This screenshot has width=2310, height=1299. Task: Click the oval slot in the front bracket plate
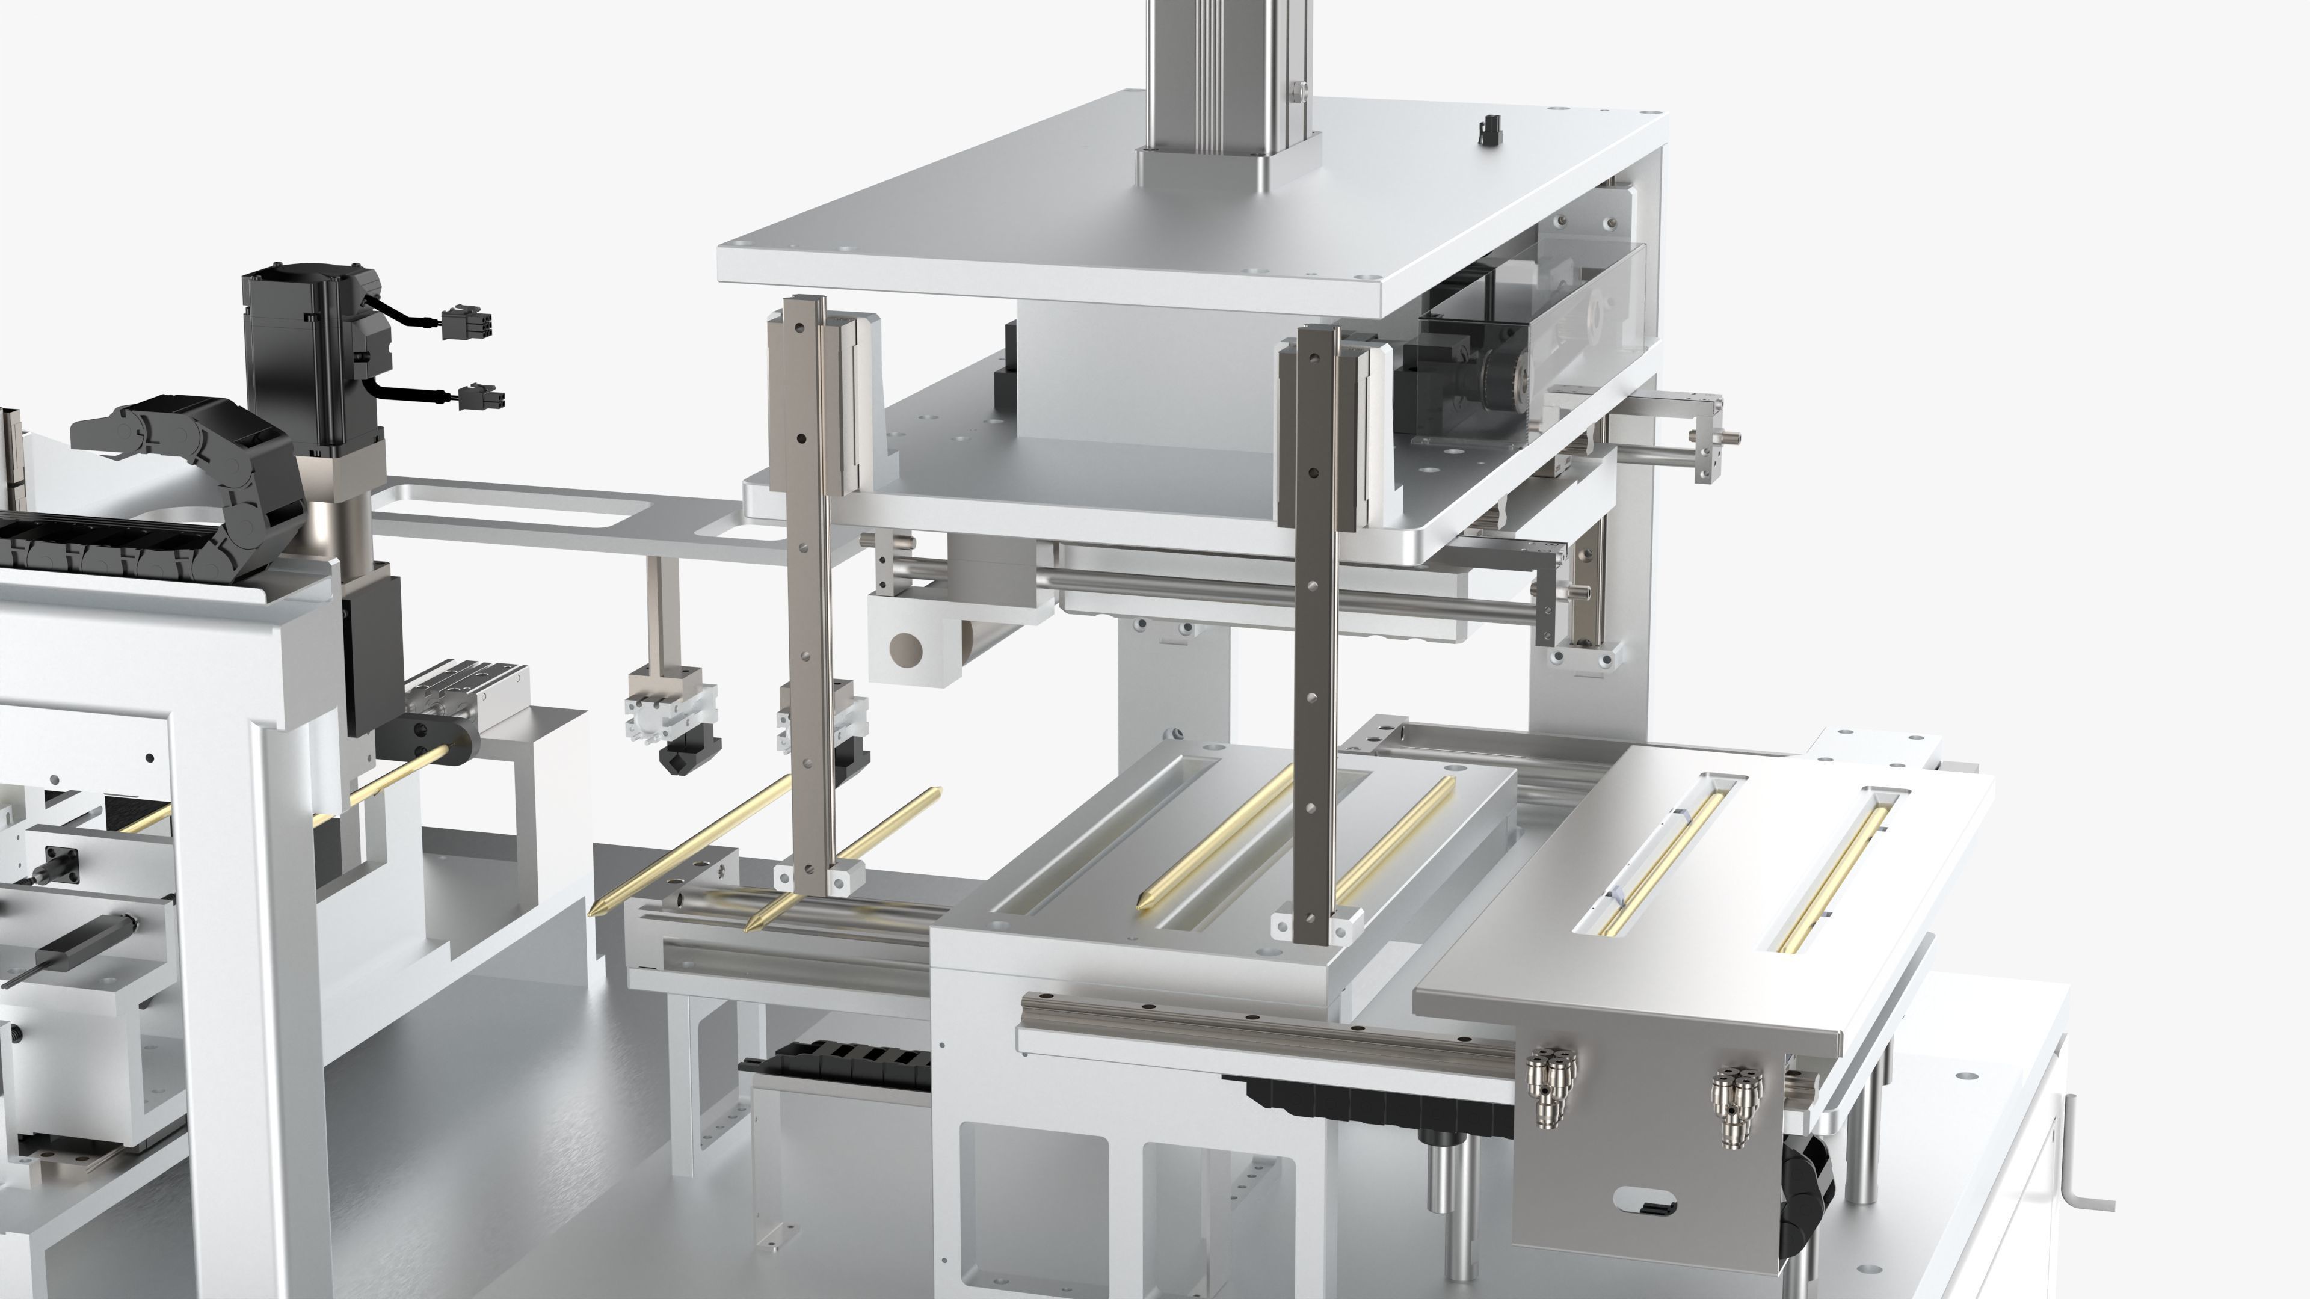click(x=1643, y=1200)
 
